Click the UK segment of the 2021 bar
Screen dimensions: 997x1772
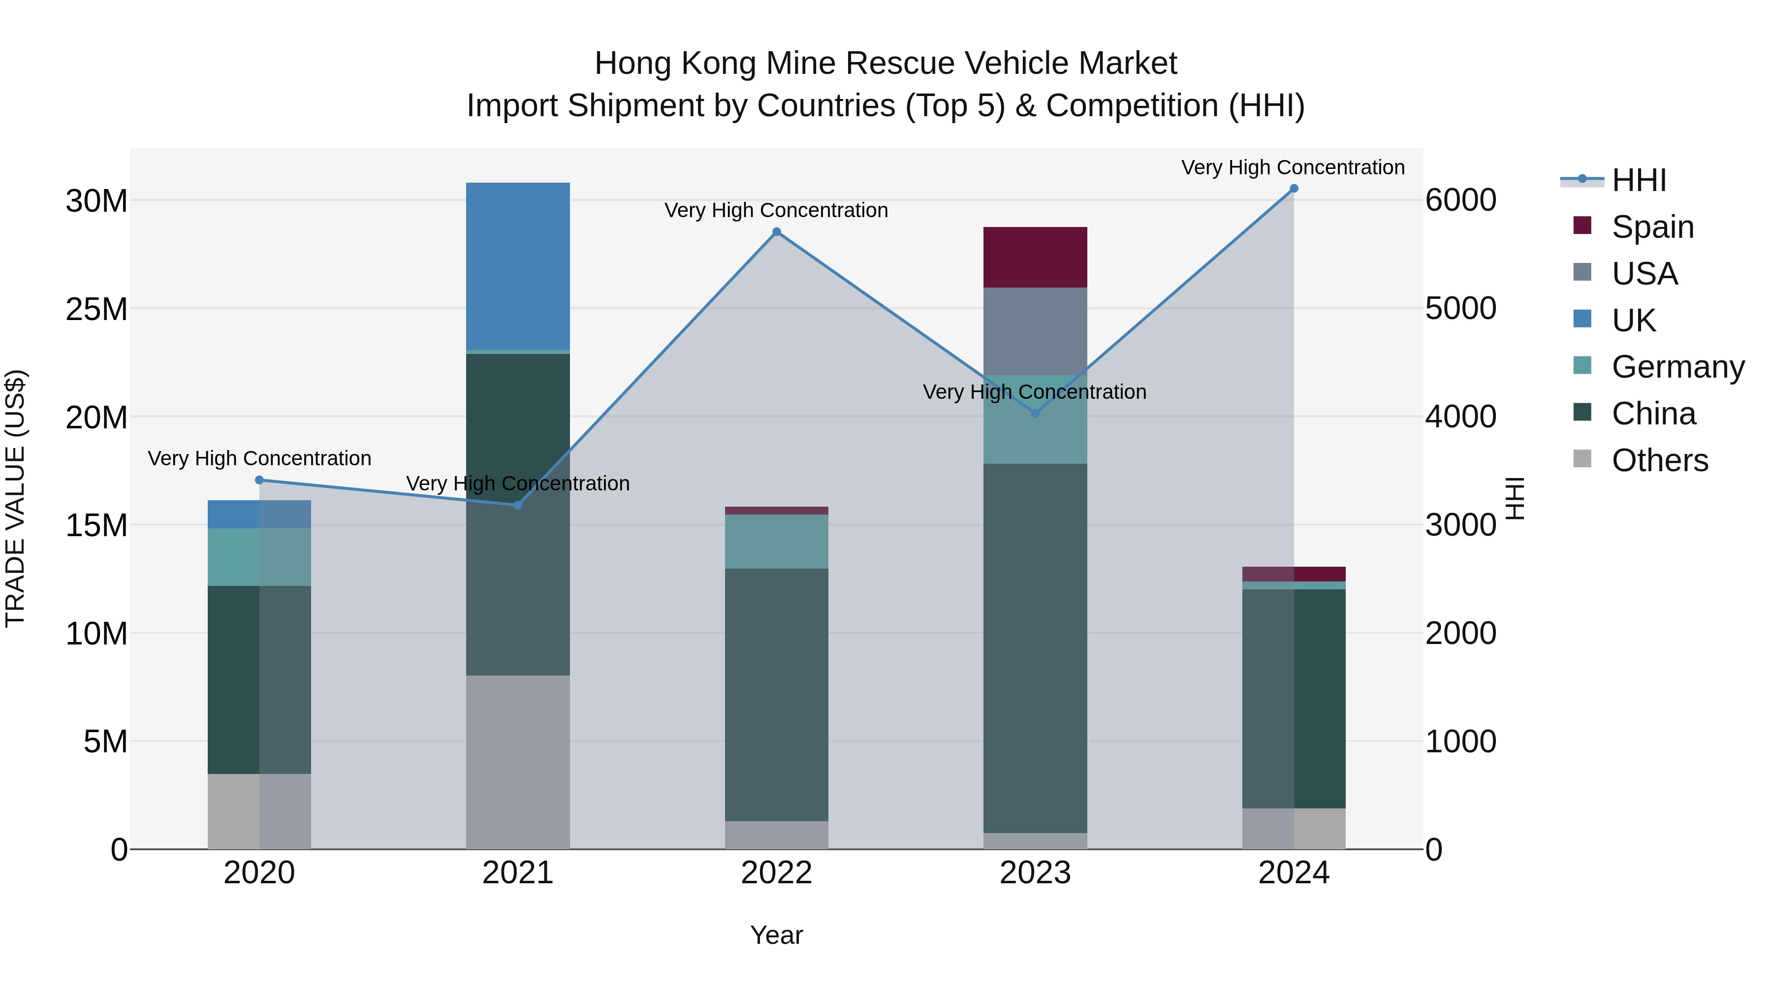[x=517, y=266]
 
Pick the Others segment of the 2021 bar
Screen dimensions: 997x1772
[x=517, y=762]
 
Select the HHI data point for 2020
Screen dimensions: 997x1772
[x=259, y=480]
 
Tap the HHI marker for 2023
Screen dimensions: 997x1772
[x=1035, y=414]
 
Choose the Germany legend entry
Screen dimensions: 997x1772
[x=1677, y=367]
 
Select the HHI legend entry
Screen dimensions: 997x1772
[x=1639, y=180]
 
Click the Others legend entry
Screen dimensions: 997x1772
[x=1659, y=460]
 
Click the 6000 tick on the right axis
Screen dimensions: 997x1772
[x=1460, y=200]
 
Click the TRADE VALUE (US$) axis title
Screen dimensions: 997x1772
[x=15, y=498]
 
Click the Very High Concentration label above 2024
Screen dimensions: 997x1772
[x=1293, y=167]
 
